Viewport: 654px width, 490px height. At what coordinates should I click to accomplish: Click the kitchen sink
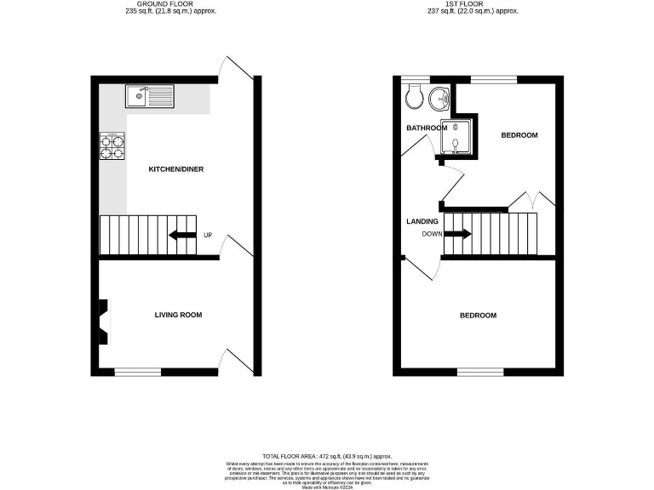(x=148, y=95)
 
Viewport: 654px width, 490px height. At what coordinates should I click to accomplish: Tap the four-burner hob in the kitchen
(x=112, y=148)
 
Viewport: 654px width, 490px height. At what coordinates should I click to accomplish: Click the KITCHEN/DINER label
(x=175, y=169)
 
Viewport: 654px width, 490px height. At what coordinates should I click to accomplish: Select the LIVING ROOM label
(x=178, y=316)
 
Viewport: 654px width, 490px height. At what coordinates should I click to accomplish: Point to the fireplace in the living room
(x=103, y=322)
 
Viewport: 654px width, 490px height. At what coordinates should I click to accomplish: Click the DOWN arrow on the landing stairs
(x=456, y=232)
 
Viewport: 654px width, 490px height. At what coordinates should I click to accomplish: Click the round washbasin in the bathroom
(x=439, y=99)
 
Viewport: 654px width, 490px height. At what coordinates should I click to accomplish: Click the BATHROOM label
(x=426, y=128)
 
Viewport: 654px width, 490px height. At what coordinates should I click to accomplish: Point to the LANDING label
(x=422, y=221)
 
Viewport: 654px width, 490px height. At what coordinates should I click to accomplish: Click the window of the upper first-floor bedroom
(x=494, y=80)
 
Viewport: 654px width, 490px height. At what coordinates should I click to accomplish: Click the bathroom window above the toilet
(x=415, y=80)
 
